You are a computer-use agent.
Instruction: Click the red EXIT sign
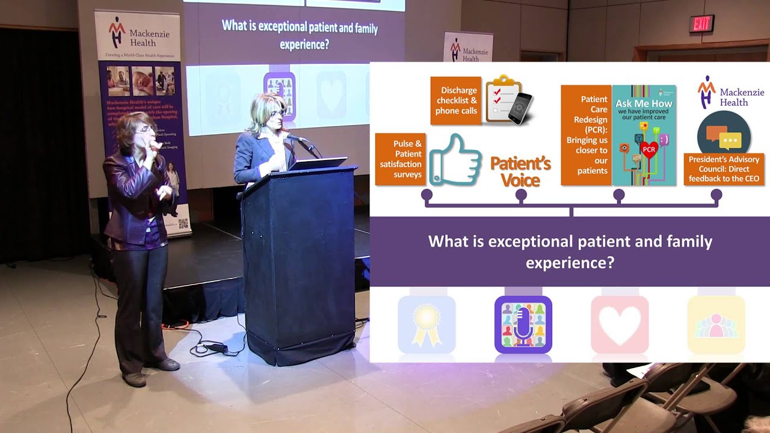click(701, 24)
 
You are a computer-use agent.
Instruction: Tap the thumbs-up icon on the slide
click(455, 159)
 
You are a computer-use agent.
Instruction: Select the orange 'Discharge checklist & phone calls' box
click(455, 100)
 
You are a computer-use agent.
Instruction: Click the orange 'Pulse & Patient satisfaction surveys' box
click(399, 159)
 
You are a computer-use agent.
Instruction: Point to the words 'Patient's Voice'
click(520, 171)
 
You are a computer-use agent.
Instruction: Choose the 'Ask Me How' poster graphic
click(644, 135)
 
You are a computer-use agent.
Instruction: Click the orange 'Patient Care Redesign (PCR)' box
click(585, 135)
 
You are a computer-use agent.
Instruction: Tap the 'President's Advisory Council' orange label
click(724, 169)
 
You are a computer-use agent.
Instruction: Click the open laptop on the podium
click(318, 162)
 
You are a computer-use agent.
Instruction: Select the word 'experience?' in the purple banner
click(570, 263)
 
